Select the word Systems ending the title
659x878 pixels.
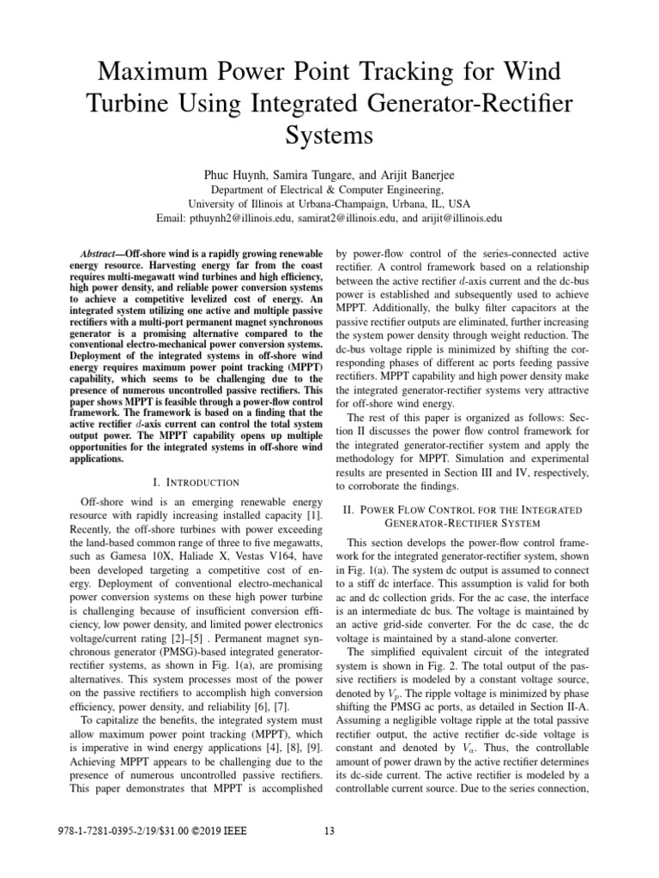[x=329, y=135]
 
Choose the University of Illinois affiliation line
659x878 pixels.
[x=329, y=205]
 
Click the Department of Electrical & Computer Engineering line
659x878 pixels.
[x=329, y=189]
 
